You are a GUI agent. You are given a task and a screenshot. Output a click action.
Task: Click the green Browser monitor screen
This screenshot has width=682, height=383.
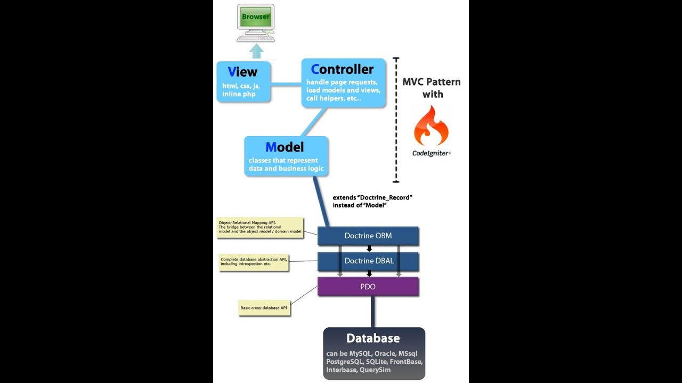pyautogui.click(x=256, y=17)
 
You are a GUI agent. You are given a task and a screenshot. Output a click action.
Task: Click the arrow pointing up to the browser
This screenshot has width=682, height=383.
pyautogui.click(x=257, y=51)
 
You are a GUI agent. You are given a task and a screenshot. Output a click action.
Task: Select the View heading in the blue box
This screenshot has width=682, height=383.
pyautogui.click(x=242, y=72)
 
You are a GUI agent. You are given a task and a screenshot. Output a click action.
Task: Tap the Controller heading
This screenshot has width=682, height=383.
pyautogui.click(x=343, y=69)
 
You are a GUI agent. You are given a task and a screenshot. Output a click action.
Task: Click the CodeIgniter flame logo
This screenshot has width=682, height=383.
pyautogui.click(x=431, y=126)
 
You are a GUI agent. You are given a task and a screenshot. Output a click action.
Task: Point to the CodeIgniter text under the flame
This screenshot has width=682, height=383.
pyautogui.click(x=431, y=153)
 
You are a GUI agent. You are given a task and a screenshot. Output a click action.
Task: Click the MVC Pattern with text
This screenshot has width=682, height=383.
pyautogui.click(x=431, y=88)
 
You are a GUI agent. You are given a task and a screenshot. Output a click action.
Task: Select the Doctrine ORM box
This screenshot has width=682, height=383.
pyautogui.click(x=368, y=236)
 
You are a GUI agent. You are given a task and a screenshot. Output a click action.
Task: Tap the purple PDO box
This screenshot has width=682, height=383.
pyautogui.click(x=368, y=287)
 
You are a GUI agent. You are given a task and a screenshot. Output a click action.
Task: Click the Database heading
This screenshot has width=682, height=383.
pyautogui.click(x=373, y=338)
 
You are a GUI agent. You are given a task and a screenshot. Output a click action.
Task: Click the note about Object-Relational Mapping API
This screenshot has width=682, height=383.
pyautogui.click(x=260, y=227)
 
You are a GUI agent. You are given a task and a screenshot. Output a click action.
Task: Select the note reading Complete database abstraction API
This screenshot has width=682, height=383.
pyautogui.click(x=254, y=262)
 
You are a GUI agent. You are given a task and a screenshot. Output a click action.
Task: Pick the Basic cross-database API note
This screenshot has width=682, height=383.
pyautogui.click(x=264, y=308)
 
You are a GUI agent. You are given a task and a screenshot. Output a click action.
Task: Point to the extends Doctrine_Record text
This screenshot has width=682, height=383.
pyautogui.click(x=372, y=201)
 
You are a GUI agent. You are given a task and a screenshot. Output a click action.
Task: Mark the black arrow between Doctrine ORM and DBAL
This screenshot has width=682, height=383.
pyautogui.click(x=369, y=248)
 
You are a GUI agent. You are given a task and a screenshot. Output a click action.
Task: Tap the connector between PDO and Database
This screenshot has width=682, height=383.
pyautogui.click(x=373, y=311)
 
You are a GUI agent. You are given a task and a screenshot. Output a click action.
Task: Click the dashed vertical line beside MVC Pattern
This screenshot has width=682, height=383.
pyautogui.click(x=396, y=120)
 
